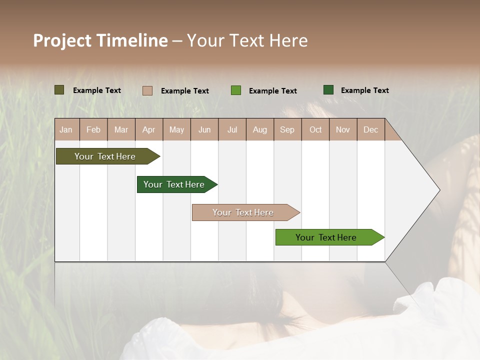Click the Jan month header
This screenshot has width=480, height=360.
click(66, 129)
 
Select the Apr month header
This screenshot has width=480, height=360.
click(148, 129)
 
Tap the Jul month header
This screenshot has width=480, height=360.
click(232, 129)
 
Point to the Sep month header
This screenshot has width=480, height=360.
click(287, 129)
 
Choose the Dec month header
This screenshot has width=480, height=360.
click(370, 129)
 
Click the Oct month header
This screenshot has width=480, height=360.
click(315, 129)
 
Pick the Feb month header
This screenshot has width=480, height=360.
click(93, 129)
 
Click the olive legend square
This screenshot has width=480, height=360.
click(59, 90)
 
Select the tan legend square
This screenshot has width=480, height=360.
click(147, 90)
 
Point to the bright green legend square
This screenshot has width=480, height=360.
click(236, 90)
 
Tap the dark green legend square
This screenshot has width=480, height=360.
click(328, 90)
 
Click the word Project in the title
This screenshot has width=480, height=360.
click(62, 40)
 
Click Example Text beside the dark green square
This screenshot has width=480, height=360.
click(364, 90)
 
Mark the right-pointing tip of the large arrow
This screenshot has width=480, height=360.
click(439, 190)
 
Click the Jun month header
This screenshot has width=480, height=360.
click(204, 129)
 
